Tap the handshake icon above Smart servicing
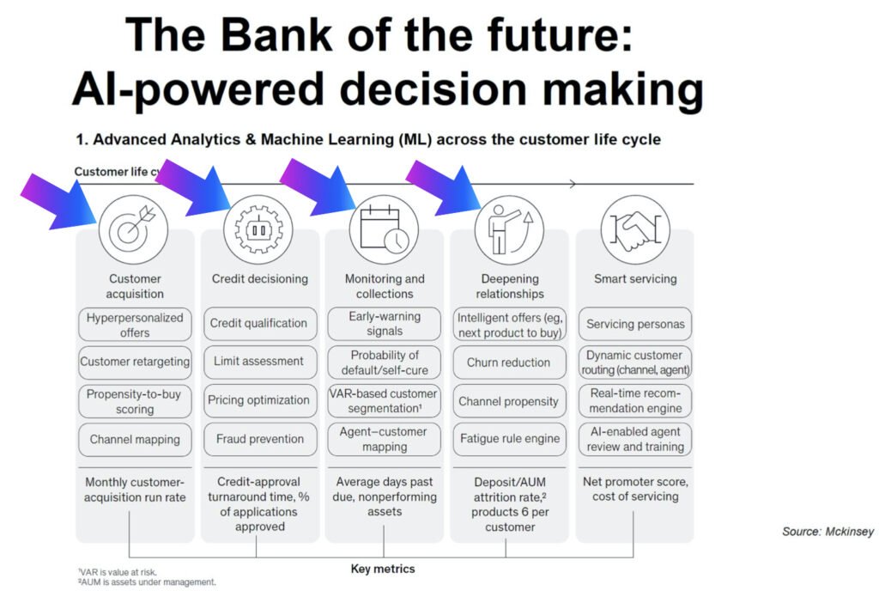point(635,229)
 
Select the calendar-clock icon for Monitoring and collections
point(384,229)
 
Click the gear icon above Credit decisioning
point(258,229)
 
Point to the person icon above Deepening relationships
point(509,229)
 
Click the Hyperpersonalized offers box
point(135,325)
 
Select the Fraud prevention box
point(259,439)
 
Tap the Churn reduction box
point(509,362)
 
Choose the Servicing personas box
point(635,325)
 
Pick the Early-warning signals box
point(385,324)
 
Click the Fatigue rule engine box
point(509,439)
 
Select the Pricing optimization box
point(259,400)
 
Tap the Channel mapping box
point(135,439)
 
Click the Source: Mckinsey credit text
point(827,532)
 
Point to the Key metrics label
point(384,569)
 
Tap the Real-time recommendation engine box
point(635,400)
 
